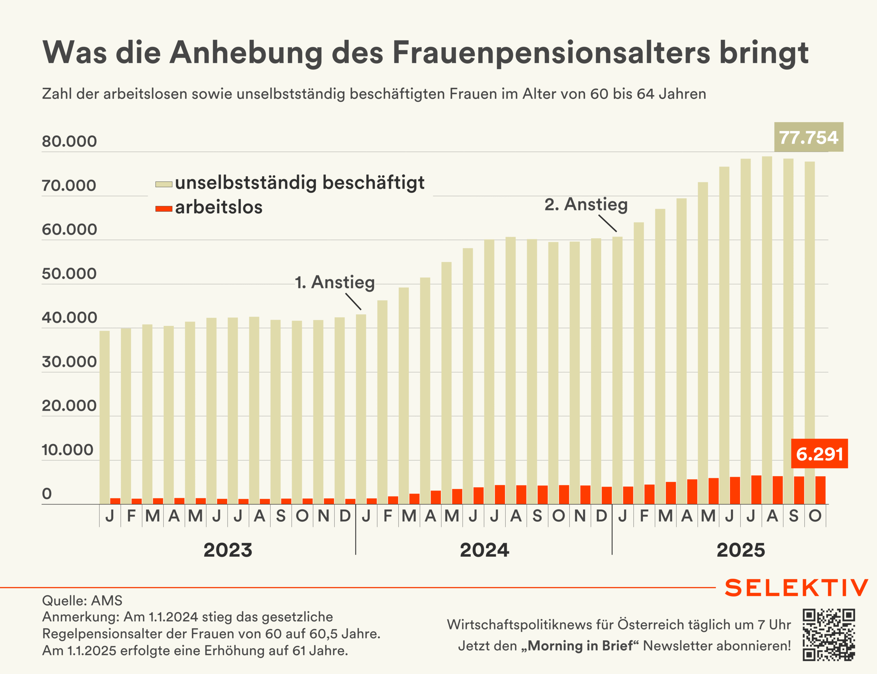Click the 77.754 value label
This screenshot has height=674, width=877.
point(808,137)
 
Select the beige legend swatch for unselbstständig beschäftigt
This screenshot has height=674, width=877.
point(163,184)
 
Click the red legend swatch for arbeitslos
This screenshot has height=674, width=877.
point(163,209)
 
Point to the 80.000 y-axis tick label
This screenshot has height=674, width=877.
point(69,141)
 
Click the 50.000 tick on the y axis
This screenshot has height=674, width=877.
point(69,274)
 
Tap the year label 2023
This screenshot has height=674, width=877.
point(228,550)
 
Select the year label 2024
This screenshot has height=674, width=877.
point(484,550)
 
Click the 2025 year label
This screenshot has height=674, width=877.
point(741,550)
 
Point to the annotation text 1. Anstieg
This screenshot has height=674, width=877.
point(335,282)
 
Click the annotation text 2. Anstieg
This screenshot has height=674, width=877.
point(586,204)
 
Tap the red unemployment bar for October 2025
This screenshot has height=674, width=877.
point(820,490)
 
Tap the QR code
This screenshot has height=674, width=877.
point(828,635)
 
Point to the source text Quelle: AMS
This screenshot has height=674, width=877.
point(82,601)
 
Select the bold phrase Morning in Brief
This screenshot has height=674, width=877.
point(580,646)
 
